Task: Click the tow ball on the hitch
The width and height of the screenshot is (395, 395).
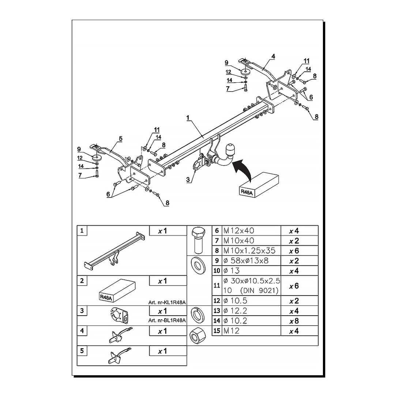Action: (x=231, y=149)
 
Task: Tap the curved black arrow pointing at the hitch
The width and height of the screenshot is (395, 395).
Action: (x=242, y=169)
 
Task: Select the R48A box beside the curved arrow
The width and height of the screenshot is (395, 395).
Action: (x=259, y=185)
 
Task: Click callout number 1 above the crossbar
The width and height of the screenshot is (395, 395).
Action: (x=188, y=118)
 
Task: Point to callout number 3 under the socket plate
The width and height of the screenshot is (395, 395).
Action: (x=188, y=180)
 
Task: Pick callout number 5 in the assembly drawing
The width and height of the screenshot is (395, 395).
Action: (x=120, y=139)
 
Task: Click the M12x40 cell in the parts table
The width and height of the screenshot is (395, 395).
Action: (x=239, y=231)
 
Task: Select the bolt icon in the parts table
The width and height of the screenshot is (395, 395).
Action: (x=197, y=240)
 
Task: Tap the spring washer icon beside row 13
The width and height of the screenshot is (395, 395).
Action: (x=197, y=314)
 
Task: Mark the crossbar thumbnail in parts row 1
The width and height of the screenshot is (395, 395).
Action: (x=114, y=252)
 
